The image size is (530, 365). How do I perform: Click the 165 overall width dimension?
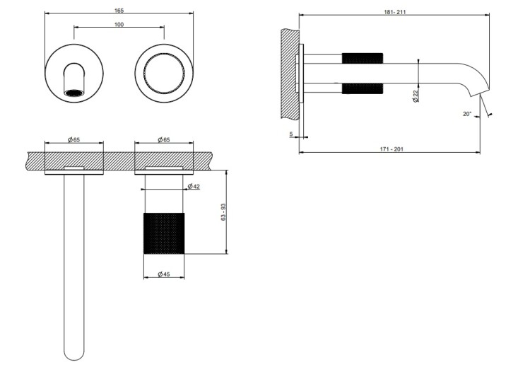pyautogui.click(x=119, y=11)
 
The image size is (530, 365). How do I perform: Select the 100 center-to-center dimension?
pyautogui.click(x=119, y=24)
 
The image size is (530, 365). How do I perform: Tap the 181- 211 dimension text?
pyautogui.click(x=395, y=12)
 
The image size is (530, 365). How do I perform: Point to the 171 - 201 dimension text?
pyautogui.click(x=391, y=149)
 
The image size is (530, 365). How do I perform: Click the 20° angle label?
pyautogui.click(x=467, y=114)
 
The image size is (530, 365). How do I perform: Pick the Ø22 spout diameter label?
pyautogui.click(x=416, y=95)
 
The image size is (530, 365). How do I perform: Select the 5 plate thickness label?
pyautogui.click(x=291, y=134)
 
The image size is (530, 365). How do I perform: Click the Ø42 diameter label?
pyautogui.click(x=194, y=186)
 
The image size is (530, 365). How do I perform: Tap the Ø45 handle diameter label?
pyautogui.click(x=164, y=274)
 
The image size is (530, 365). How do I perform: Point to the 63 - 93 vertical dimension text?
pyautogui.click(x=223, y=212)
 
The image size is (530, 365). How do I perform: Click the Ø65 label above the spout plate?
pyautogui.click(x=74, y=140)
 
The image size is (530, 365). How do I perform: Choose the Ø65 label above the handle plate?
pyautogui.click(x=164, y=140)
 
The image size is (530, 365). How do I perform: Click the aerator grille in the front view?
pyautogui.click(x=73, y=93)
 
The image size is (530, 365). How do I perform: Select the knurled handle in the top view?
pyautogui.click(x=164, y=233)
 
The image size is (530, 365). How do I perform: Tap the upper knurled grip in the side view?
pyautogui.click(x=363, y=58)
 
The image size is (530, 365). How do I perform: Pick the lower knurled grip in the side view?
pyautogui.click(x=363, y=88)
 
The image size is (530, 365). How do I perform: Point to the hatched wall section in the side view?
pyautogui.click(x=290, y=74)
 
